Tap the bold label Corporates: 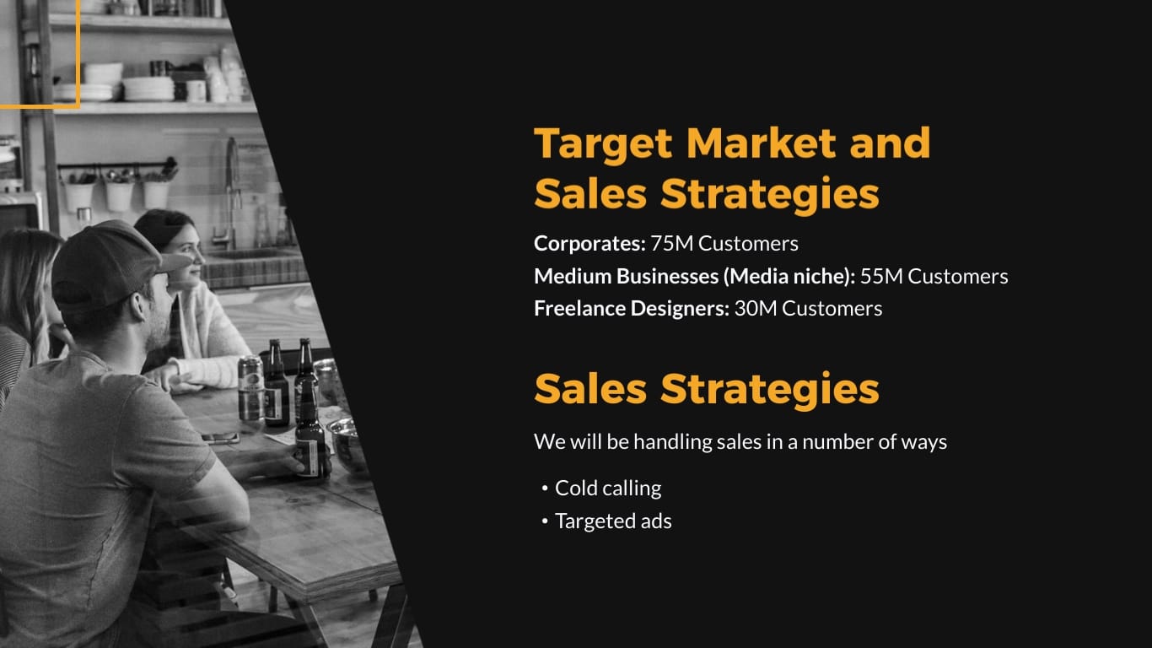[x=589, y=244]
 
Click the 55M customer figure [x=881, y=276]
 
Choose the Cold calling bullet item [x=608, y=488]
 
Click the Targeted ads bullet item [x=613, y=521]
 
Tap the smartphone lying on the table [x=220, y=437]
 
